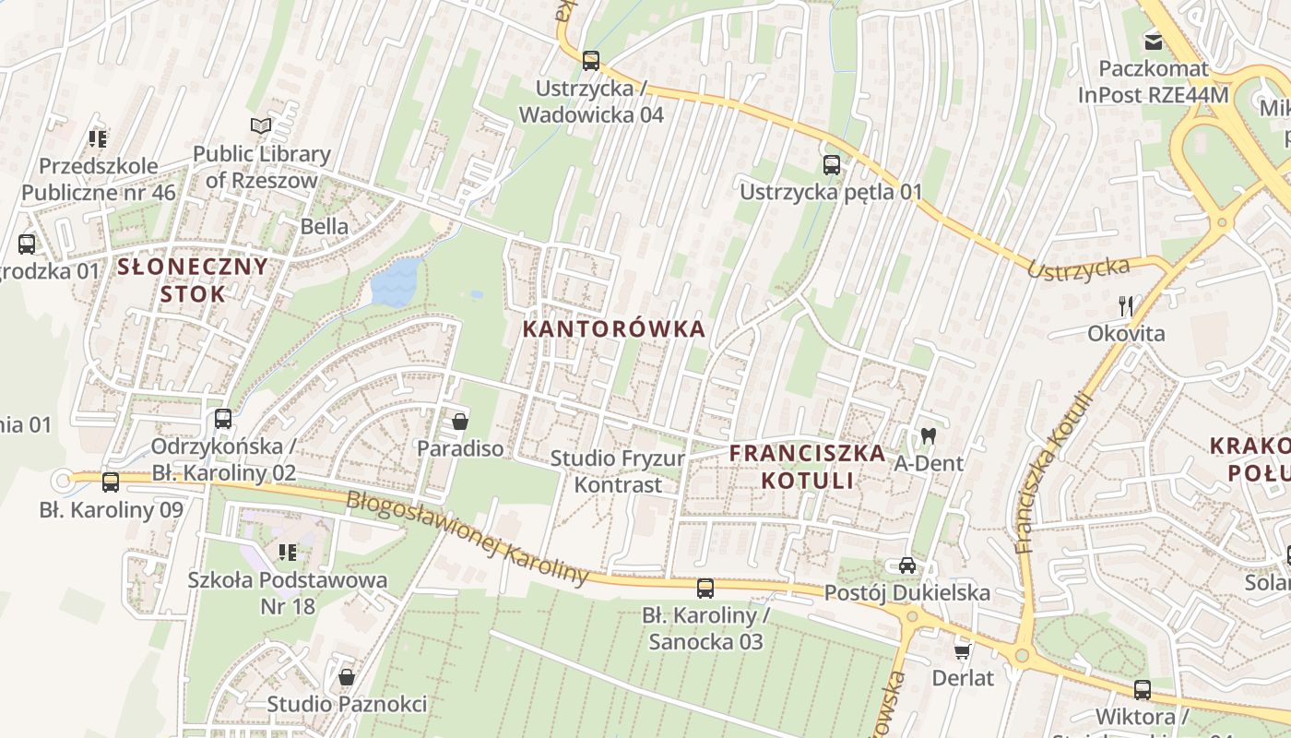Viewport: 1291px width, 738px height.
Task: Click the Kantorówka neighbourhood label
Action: pos(614,329)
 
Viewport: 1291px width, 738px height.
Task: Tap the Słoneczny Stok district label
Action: pos(193,280)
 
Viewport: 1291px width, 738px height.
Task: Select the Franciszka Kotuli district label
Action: pos(807,467)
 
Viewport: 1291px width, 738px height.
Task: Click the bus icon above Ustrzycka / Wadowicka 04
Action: pos(591,61)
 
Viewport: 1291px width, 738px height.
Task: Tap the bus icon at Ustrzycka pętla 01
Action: pos(831,165)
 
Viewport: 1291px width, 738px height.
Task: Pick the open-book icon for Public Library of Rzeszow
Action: pos(261,125)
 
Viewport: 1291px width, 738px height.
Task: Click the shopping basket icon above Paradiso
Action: pos(459,423)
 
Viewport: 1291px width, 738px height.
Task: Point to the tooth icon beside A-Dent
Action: pos(928,435)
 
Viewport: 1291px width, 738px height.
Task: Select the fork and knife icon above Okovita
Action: pos(1125,305)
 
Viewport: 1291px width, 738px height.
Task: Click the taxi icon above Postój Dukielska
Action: pos(906,565)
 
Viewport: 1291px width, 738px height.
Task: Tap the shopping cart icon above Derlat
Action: pos(963,651)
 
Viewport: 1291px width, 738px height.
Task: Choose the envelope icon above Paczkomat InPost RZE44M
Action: pos(1153,41)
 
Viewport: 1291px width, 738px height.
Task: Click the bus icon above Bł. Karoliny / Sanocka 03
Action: pos(705,588)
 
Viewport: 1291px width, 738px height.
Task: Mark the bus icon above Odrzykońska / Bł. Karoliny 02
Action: pos(223,419)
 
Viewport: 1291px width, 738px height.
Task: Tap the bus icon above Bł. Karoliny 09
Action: pos(111,482)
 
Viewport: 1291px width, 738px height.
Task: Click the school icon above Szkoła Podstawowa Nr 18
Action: pos(287,553)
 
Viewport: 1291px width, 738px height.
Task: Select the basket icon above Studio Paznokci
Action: pos(347,677)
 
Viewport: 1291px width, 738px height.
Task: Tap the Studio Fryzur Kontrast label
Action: pos(618,471)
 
